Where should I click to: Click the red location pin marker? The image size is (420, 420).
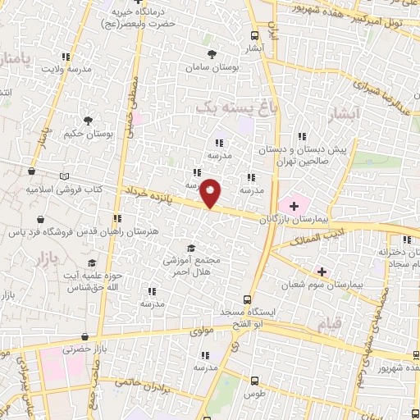211,194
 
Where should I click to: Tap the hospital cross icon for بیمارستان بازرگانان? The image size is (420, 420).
293,205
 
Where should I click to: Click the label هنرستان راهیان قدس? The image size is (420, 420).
121,233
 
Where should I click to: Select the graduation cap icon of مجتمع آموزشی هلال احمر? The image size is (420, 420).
190,248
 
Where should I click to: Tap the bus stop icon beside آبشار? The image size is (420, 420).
254,35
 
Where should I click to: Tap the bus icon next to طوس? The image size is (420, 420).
254,381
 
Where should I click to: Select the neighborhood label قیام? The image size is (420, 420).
326,325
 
